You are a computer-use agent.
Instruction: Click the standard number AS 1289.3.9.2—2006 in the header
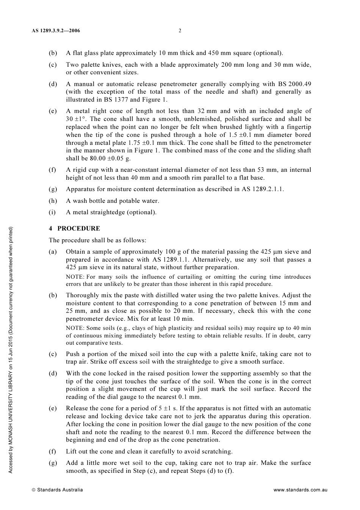[x=56, y=31]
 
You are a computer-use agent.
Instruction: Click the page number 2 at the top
[x=180, y=31]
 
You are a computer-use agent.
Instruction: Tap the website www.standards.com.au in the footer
[x=300, y=490]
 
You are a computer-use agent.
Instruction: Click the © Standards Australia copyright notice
[x=57, y=490]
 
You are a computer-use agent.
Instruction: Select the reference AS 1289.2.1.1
[x=262, y=189]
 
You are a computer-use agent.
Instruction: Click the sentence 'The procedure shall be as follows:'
[x=97, y=240]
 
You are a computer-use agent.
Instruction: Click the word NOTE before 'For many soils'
[x=75, y=277]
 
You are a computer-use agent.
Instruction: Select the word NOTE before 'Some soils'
[x=75, y=328]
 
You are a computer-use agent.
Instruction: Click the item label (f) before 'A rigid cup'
[x=52, y=169]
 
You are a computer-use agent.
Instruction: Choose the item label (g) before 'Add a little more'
[x=52, y=463]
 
